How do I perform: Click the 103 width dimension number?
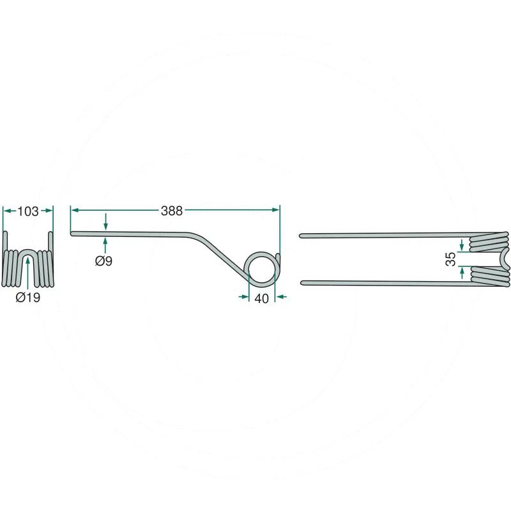27,211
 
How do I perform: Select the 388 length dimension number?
172,211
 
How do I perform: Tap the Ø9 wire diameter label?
103,261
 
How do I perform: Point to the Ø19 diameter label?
28,297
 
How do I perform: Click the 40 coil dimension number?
261,298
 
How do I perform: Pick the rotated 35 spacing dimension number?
451,259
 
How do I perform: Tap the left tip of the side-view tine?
72,233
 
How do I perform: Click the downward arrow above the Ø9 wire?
105,222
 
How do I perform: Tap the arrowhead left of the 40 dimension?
243,296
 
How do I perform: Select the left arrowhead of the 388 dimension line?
75,210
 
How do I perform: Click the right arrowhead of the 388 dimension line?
275,210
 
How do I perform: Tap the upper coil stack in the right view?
489,242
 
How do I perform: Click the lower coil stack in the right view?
489,277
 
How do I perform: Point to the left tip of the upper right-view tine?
301,236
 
